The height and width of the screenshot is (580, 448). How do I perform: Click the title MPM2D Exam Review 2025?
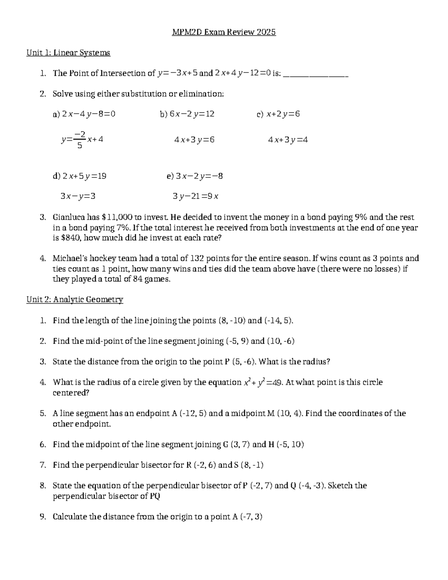224,32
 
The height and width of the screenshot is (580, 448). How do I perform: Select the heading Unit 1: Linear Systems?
68,53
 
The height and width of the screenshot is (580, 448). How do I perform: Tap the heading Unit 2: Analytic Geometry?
75,300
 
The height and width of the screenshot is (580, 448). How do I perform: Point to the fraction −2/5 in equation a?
80,139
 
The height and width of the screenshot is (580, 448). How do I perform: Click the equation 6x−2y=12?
192,114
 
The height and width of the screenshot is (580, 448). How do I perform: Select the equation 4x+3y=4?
288,140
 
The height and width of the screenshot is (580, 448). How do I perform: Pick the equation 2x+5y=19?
84,176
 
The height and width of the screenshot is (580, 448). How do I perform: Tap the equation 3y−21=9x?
196,196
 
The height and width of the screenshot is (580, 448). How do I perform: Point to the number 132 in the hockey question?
197,258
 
